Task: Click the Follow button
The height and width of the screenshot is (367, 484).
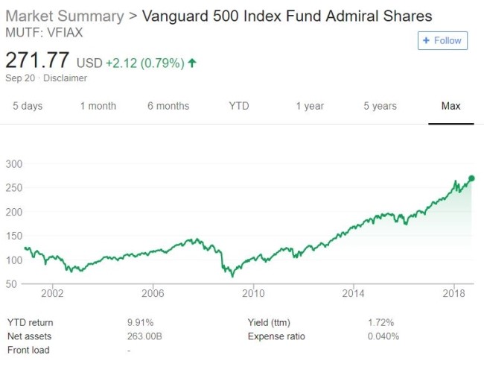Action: click(442, 40)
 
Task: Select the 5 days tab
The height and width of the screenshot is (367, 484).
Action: click(28, 106)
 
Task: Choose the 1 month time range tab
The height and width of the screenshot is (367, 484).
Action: click(98, 106)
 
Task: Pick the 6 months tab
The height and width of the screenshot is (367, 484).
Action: click(168, 106)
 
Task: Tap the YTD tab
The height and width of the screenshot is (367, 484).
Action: click(239, 106)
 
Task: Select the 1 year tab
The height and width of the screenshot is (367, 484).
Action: click(310, 106)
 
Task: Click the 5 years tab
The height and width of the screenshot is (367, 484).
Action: click(380, 106)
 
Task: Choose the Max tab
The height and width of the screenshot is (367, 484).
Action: click(450, 106)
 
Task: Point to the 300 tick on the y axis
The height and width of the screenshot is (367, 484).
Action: click(15, 163)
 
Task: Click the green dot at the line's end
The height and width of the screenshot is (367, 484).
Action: click(471, 178)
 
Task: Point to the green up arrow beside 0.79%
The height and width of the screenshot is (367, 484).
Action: click(192, 63)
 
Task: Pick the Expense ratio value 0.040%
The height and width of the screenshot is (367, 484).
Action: click(383, 336)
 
